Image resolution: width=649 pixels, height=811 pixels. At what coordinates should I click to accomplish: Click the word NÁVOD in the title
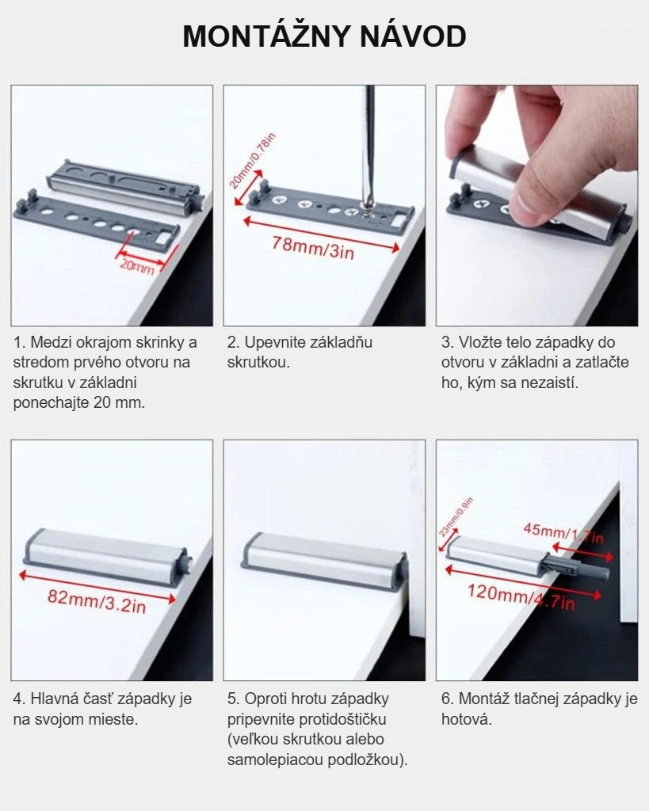(413, 36)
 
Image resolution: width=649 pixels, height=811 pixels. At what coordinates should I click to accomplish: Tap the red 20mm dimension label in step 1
(137, 266)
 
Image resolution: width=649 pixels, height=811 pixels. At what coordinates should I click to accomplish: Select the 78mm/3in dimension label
(314, 247)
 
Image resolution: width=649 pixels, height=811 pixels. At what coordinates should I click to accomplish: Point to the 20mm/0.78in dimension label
(252, 161)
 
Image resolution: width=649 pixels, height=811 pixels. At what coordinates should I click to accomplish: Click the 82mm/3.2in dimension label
(97, 602)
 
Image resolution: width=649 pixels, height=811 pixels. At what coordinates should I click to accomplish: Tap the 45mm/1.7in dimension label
(563, 533)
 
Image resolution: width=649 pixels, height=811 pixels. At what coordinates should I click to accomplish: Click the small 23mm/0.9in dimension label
(456, 516)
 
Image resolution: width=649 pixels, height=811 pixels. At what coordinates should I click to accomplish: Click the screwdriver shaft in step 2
(369, 145)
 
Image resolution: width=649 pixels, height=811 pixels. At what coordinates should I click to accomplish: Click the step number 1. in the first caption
(19, 342)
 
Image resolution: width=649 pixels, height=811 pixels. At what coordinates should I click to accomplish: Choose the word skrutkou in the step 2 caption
(258, 363)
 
